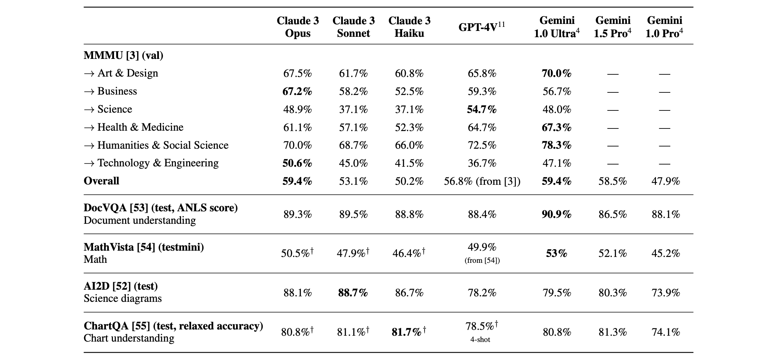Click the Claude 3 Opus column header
click(298, 27)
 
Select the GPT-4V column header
click(482, 27)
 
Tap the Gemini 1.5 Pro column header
click(613, 27)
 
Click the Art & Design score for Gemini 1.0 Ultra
click(557, 73)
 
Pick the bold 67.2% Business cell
click(297, 91)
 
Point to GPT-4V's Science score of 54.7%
click(482, 109)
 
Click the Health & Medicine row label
click(134, 127)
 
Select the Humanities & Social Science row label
click(156, 145)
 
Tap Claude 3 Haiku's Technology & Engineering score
click(409, 163)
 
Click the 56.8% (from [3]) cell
click(482, 181)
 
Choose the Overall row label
click(102, 181)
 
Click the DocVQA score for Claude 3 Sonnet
click(353, 214)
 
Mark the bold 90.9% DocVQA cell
click(557, 214)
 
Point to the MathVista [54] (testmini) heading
click(144, 247)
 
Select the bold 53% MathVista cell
click(557, 253)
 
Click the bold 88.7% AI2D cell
click(353, 293)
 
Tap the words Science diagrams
click(123, 298)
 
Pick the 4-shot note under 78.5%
click(480, 339)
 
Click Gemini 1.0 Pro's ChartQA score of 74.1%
click(666, 332)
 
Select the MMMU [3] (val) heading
click(124, 55)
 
